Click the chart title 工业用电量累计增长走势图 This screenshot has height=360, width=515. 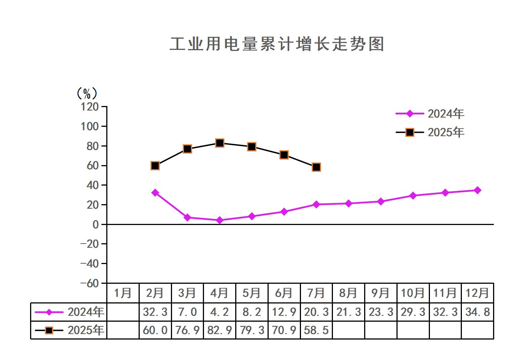(x=277, y=44)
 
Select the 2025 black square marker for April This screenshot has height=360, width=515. (x=220, y=143)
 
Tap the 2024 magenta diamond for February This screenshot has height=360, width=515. (x=155, y=193)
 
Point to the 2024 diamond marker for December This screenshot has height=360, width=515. (x=477, y=190)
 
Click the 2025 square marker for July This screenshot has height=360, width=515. (x=316, y=167)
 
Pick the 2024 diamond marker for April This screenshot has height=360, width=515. (x=220, y=220)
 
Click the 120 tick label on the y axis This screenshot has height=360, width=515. (x=90, y=107)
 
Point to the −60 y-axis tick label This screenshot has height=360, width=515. (x=90, y=283)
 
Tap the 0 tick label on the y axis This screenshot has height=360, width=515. (x=95, y=224)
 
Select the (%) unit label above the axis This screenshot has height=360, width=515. (x=87, y=93)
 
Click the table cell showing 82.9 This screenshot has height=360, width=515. (x=220, y=330)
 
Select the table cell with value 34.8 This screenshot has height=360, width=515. (x=477, y=312)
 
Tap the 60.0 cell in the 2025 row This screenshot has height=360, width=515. (x=155, y=330)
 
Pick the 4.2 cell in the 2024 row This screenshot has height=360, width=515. (x=220, y=312)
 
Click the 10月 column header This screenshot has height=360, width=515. (x=413, y=293)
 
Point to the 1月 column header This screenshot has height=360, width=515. (x=123, y=293)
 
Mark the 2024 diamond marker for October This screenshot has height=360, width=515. (x=413, y=196)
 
